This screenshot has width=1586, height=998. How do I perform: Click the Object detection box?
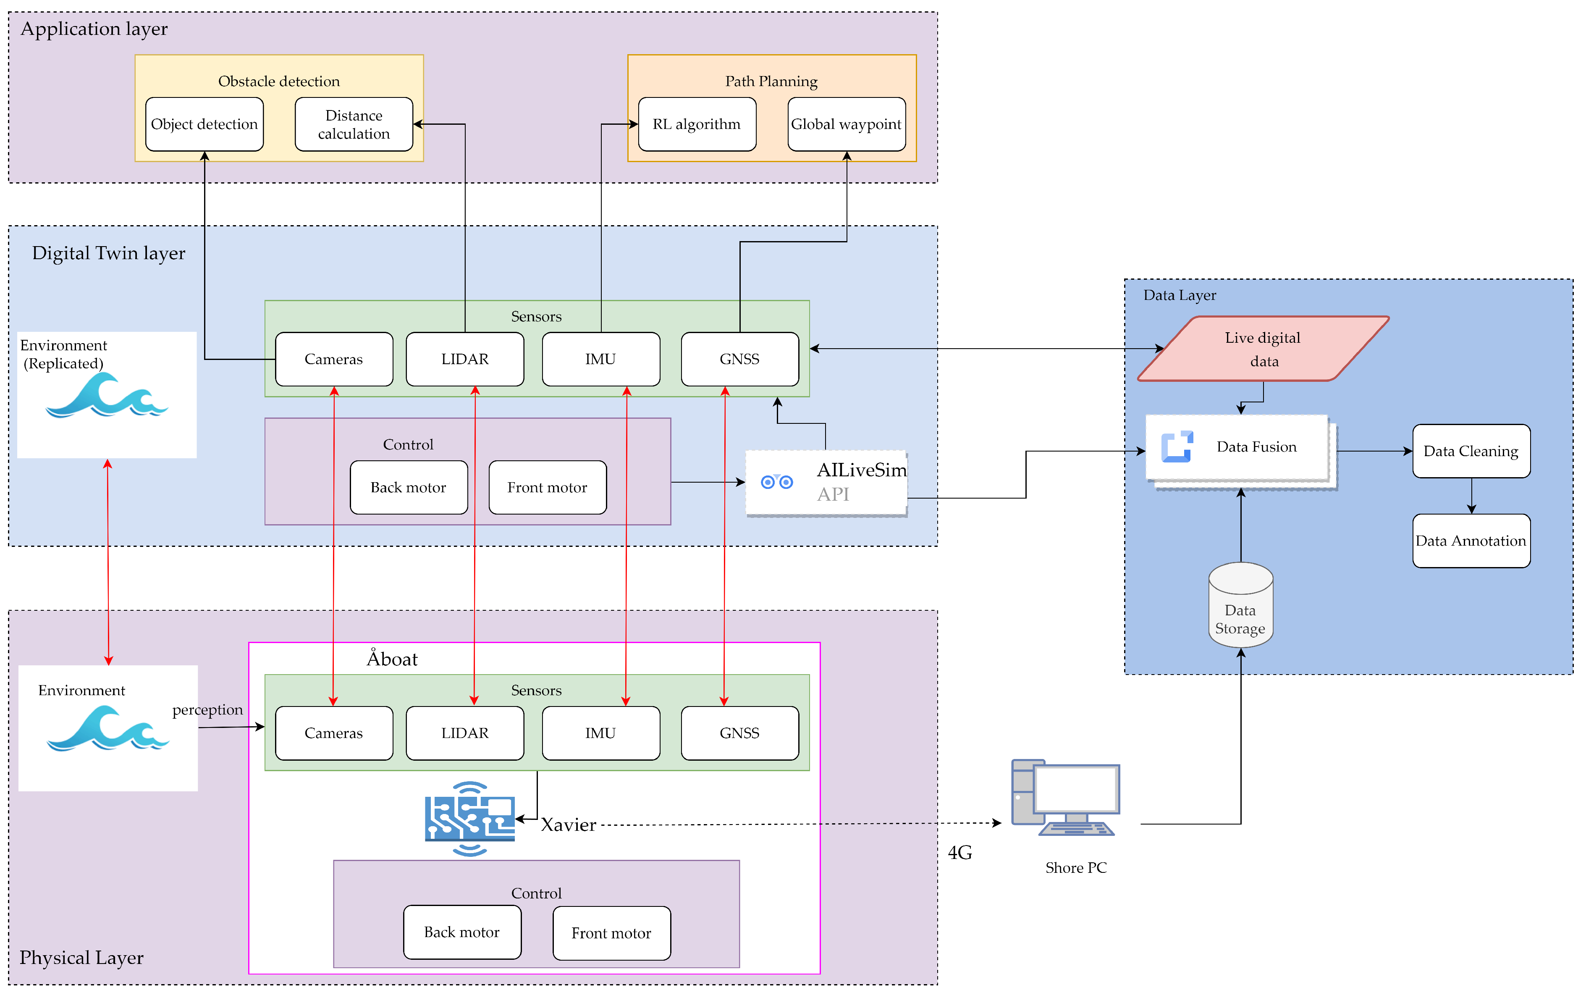tap(204, 124)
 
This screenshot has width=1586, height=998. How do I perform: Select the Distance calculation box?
tap(354, 124)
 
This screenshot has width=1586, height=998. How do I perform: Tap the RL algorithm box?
tap(697, 124)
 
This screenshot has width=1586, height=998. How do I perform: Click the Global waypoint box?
tap(847, 124)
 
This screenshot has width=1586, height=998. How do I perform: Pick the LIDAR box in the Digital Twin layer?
tap(465, 359)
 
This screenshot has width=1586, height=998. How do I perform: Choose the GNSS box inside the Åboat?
tap(739, 733)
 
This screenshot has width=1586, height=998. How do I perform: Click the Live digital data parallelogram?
tap(1263, 349)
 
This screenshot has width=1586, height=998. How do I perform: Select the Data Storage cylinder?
tap(1240, 606)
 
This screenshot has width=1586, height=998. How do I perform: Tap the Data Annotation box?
tap(1471, 541)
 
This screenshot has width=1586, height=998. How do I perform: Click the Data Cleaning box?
tap(1471, 451)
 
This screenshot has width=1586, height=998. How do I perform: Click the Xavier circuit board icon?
tap(469, 819)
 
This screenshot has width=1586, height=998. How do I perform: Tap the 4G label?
tap(959, 852)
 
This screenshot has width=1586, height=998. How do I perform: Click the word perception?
tap(207, 709)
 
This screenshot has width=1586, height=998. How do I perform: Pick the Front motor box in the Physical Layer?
tap(611, 933)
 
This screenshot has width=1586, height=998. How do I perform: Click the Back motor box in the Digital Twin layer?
tap(408, 488)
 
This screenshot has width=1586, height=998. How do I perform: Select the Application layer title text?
tap(94, 29)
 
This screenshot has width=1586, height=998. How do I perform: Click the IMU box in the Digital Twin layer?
tap(600, 359)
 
